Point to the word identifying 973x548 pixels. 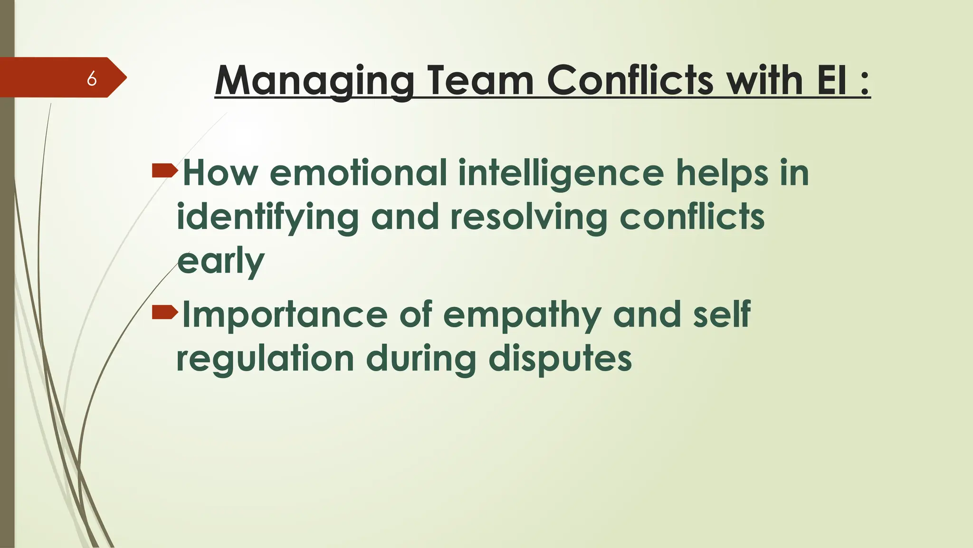point(267,218)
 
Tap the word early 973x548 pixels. point(221,262)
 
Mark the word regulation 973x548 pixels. point(265,359)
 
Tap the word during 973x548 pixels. point(421,360)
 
